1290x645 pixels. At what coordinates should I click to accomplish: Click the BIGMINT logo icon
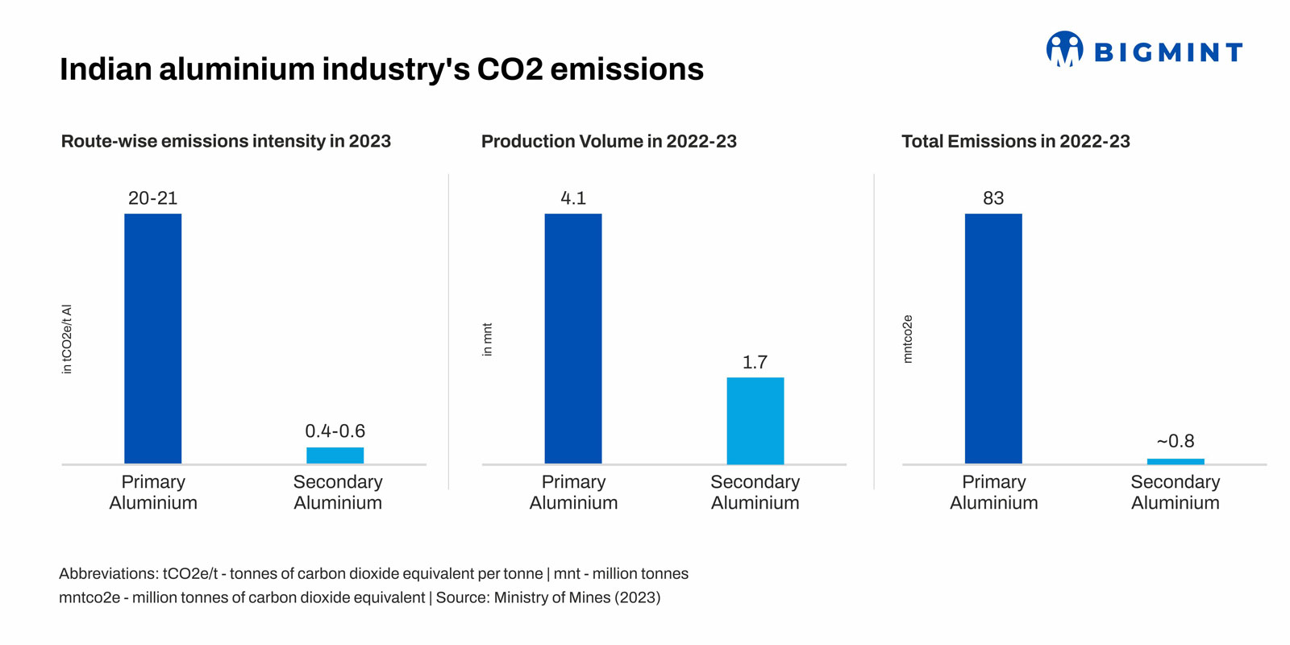point(1064,50)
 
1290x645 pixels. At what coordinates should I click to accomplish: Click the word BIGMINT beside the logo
point(1167,52)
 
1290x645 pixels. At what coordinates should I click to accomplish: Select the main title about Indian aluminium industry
point(381,69)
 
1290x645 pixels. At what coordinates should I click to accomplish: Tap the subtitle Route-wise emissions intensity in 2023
point(226,141)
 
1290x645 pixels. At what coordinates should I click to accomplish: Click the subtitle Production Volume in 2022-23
point(609,141)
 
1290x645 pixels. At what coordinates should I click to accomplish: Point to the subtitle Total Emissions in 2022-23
point(1015,141)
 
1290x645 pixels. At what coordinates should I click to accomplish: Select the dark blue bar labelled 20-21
point(153,339)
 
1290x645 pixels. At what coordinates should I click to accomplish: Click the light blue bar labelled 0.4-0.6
point(335,456)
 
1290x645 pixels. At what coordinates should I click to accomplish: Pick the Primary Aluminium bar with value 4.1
point(573,339)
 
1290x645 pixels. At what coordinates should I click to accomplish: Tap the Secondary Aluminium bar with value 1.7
point(755,420)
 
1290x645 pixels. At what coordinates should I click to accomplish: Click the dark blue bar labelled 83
point(993,339)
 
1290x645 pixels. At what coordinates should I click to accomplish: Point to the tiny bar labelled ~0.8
point(1176,461)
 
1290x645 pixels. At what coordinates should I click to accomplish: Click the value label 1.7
point(755,362)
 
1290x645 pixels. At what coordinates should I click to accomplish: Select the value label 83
point(993,198)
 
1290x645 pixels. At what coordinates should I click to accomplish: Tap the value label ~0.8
point(1176,441)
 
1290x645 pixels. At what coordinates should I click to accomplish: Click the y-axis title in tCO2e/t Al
point(67,339)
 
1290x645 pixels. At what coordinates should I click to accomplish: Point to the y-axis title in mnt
point(487,339)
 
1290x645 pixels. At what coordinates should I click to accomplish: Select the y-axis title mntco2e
point(908,339)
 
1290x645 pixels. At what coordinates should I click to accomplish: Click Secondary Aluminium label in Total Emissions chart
point(1175,492)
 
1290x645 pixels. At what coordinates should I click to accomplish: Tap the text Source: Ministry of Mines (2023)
point(548,597)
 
